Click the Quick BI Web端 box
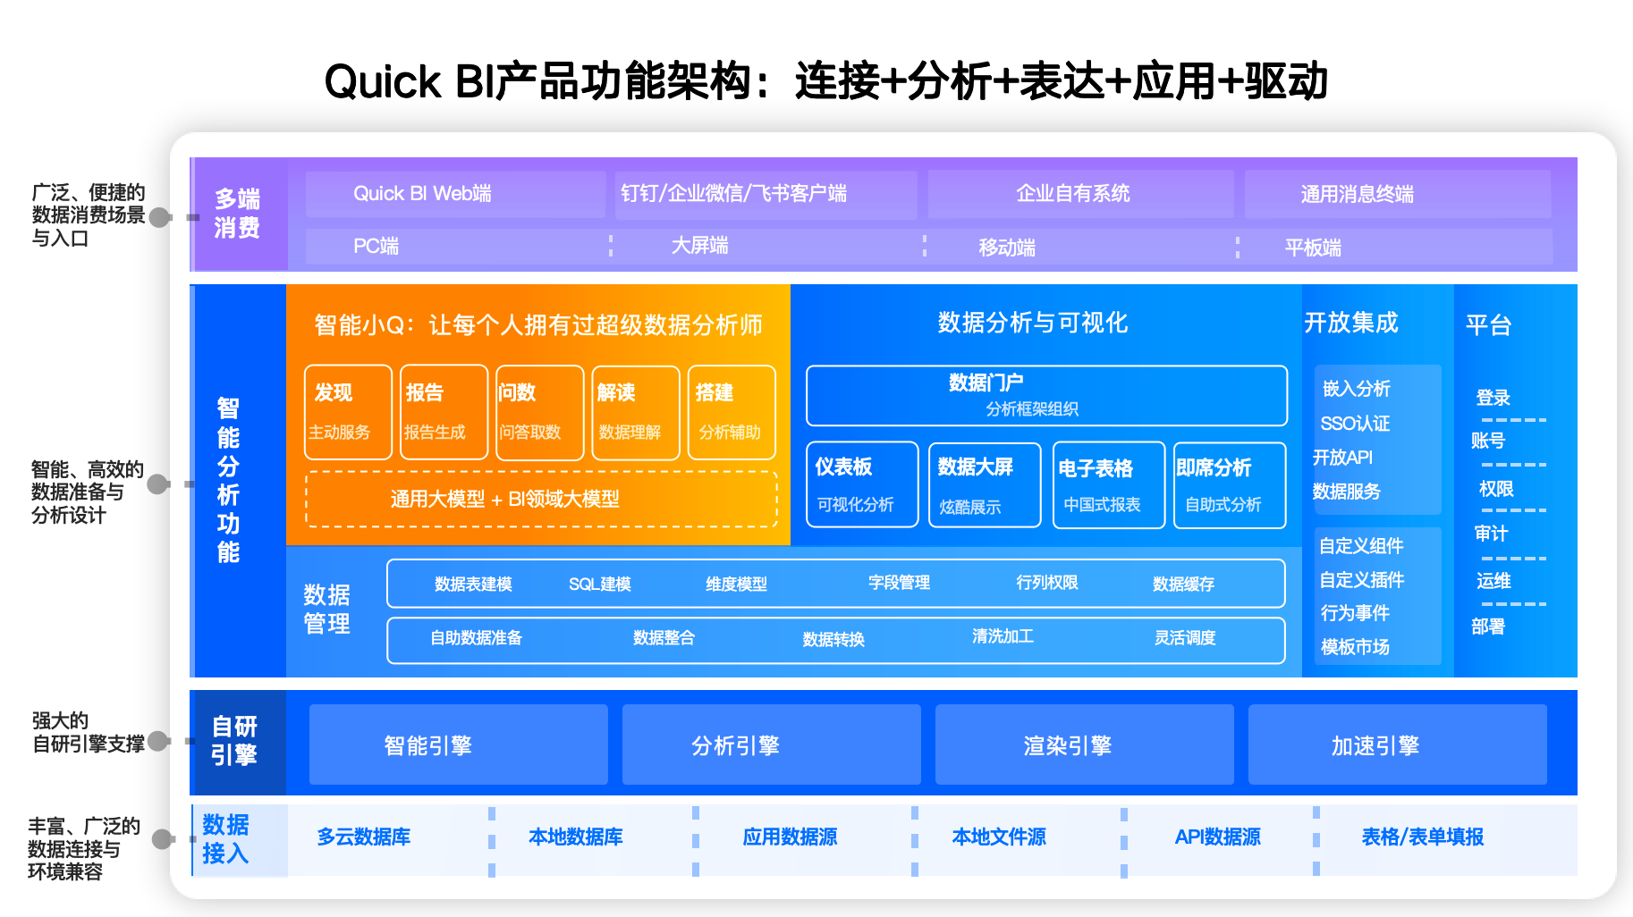pyautogui.click(x=455, y=194)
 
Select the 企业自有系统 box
pyautogui.click(x=1080, y=194)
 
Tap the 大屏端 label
pyautogui.click(x=699, y=246)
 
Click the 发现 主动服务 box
pyautogui.click(x=348, y=412)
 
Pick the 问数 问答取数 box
pyautogui.click(x=539, y=412)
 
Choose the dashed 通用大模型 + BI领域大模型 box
pyautogui.click(x=541, y=499)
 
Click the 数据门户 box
pyautogui.click(x=1046, y=395)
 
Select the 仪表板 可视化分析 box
pyautogui.click(x=861, y=484)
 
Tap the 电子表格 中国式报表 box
pyautogui.click(x=1108, y=484)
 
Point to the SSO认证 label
pyautogui.click(x=1355, y=424)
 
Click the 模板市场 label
pyautogui.click(x=1355, y=647)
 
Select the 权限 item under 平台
pyautogui.click(x=1496, y=489)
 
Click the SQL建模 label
pyautogui.click(x=600, y=585)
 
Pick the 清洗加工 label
pyautogui.click(x=1003, y=636)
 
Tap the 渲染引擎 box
pyautogui.click(x=1084, y=745)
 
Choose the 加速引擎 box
pyautogui.click(x=1397, y=745)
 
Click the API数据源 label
pyautogui.click(x=1217, y=837)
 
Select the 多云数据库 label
pyautogui.click(x=364, y=837)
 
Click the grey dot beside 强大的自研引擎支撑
pyautogui.click(x=158, y=741)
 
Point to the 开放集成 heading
pyautogui.click(x=1350, y=323)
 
